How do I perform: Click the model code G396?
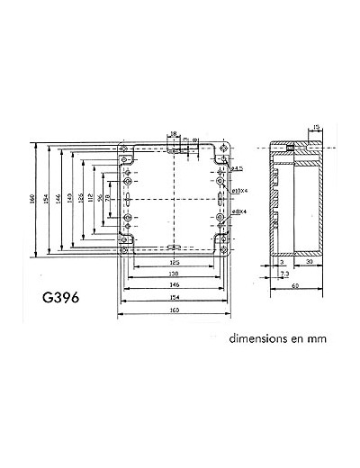(59, 296)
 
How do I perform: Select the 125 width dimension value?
(172, 262)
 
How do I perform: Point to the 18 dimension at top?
(173, 134)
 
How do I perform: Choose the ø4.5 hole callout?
(238, 168)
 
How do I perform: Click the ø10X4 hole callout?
(239, 191)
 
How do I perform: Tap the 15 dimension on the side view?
(315, 127)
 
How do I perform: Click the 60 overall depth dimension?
(296, 287)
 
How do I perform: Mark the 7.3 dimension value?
(283, 272)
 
